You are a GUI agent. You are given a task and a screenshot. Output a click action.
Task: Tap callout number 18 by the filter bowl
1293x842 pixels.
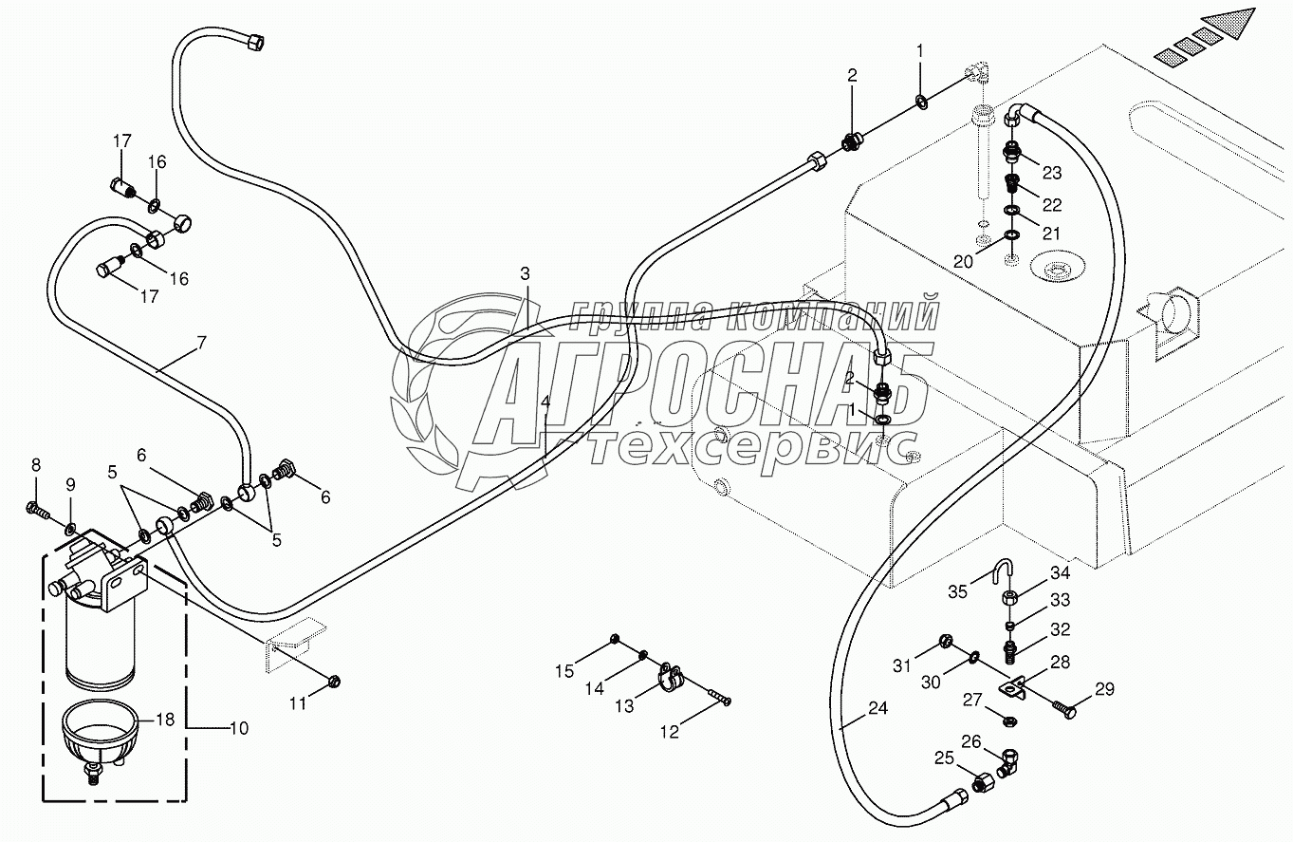coord(165,720)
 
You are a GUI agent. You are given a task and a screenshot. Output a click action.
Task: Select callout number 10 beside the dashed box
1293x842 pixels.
coord(238,728)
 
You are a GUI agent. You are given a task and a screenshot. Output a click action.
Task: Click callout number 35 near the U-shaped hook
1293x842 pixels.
coord(958,591)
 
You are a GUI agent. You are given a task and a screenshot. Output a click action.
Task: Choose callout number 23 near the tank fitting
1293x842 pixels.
coord(1052,173)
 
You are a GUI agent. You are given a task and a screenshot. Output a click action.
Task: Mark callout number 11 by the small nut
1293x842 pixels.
coord(299,702)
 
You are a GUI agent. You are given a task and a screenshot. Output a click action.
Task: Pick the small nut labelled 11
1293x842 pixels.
coord(333,681)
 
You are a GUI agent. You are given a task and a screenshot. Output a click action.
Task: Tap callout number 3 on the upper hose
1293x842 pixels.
coord(525,273)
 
